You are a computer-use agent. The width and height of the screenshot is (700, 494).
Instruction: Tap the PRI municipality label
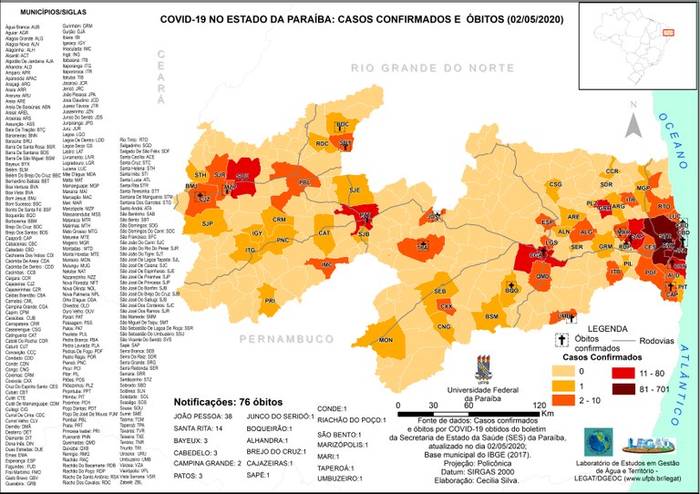pos(270,300)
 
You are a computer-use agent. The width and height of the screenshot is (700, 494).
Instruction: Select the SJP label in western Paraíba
pos(207,223)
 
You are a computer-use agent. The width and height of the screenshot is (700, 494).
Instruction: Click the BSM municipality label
pos(491,316)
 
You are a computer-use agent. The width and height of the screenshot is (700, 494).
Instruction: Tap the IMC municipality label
pos(325,264)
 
